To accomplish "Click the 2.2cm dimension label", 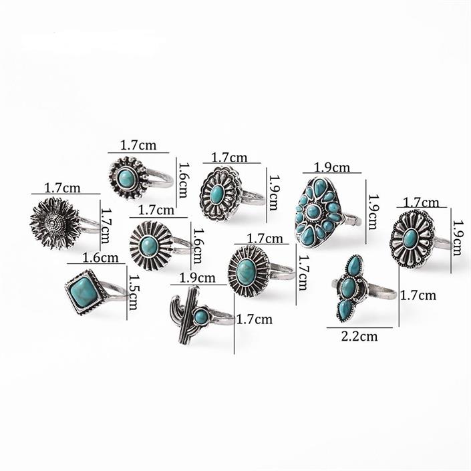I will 359,336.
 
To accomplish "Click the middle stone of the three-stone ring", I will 348,288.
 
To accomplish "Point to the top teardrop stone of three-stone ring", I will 354,267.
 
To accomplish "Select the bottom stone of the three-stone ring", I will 345,309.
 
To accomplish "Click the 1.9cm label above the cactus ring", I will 196,278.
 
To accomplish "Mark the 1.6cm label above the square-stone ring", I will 100,257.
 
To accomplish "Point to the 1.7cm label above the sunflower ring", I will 62,188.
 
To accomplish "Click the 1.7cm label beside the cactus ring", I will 255,319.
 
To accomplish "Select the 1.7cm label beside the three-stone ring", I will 418,294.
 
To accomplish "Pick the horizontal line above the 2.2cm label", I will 359,327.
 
